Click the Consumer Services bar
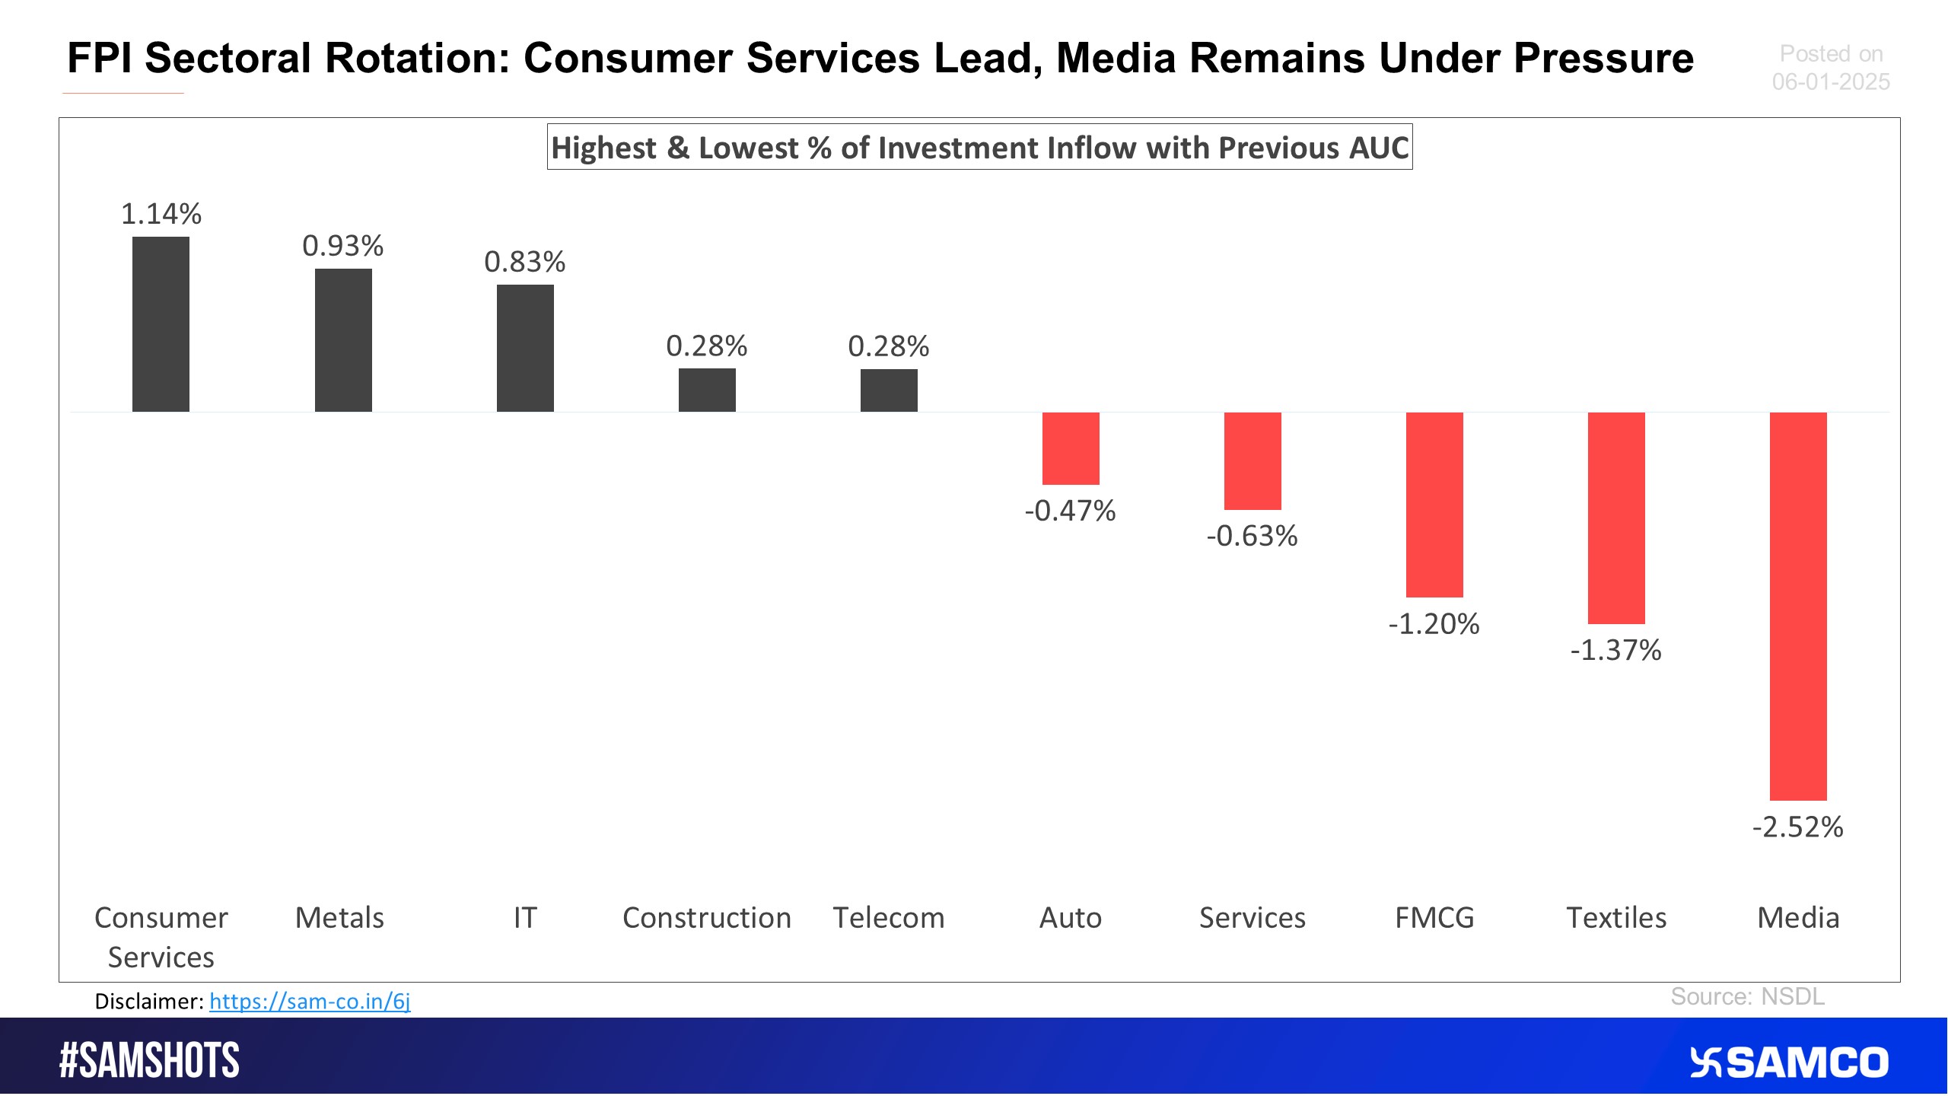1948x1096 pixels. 161,324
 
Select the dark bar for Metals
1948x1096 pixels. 343,340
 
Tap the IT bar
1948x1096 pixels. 525,348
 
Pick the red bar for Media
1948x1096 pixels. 1797,606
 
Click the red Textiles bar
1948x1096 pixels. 1615,518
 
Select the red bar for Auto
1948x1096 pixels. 1070,448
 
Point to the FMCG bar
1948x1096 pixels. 1434,505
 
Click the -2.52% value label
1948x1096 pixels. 1797,827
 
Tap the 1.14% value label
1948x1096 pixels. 161,214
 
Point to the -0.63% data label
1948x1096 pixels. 1252,536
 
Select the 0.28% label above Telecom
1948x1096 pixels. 888,346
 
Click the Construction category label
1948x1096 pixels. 706,918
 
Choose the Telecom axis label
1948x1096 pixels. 888,918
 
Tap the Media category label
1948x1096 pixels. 1797,918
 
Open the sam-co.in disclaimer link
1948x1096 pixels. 310,1001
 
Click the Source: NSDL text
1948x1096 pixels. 1747,996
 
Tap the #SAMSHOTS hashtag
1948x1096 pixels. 149,1061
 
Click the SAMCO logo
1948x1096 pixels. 1788,1063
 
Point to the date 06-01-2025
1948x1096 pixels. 1830,81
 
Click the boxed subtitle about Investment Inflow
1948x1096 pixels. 979,147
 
